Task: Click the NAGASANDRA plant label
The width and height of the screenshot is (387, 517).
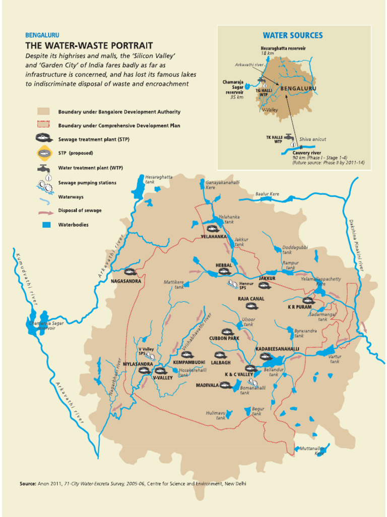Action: tap(126, 281)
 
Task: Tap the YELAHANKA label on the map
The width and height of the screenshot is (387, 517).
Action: tap(214, 236)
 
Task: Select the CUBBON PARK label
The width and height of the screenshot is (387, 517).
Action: tap(224, 338)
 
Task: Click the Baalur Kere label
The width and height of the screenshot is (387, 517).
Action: tap(267, 194)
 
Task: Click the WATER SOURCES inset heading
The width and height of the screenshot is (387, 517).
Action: tap(293, 35)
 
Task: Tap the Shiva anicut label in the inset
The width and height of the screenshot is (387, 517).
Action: tap(312, 139)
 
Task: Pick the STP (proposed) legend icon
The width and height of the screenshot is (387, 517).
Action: tap(43, 153)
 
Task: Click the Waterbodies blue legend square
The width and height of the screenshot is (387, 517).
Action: tap(43, 225)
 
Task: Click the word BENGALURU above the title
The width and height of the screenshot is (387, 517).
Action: tap(42, 35)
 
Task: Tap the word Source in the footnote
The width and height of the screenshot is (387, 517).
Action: tap(28, 484)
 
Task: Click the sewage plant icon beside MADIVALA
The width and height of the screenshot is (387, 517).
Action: tap(224, 385)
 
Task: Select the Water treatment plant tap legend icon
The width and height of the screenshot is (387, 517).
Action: tap(43, 168)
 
